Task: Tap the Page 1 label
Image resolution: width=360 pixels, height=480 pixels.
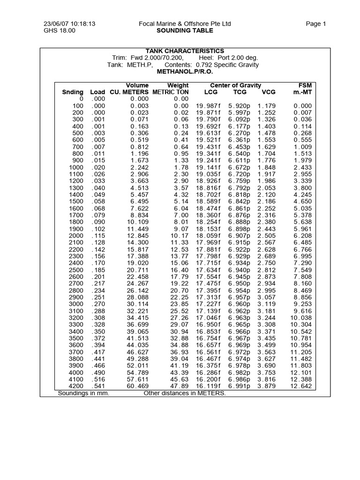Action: coord(315,24)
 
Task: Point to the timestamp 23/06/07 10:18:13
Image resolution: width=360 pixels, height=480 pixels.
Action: coord(69,24)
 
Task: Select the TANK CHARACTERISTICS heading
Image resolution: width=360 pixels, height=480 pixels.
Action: coord(185,51)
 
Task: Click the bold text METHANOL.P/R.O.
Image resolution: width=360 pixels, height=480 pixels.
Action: coord(185,72)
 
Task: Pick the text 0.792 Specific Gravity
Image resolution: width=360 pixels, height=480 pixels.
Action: coord(227,65)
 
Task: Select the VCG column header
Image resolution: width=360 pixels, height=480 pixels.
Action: coord(269,92)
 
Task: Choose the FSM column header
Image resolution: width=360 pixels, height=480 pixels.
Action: coord(305,85)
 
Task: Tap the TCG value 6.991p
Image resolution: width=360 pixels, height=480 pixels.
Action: coord(239,386)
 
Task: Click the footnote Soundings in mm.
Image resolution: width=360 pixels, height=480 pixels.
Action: coord(83,393)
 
